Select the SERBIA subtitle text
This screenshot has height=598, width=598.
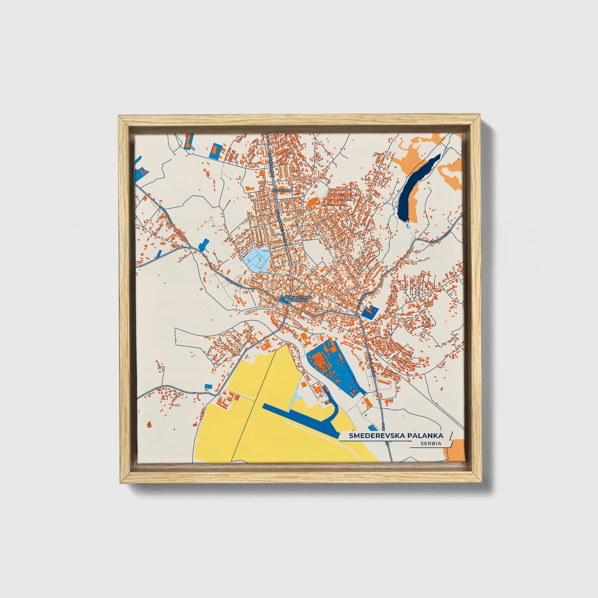coord(430,443)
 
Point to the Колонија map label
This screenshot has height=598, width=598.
coord(282,190)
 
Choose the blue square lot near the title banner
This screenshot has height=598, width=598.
coord(372,427)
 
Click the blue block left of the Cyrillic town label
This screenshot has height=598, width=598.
coord(283,298)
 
